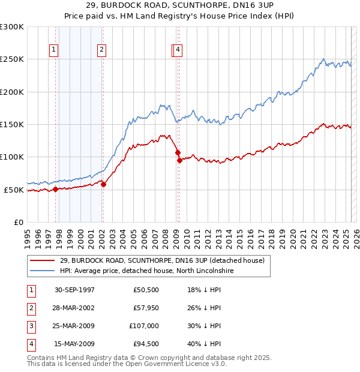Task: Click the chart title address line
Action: pyautogui.click(x=180, y=5)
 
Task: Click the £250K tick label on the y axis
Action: pyautogui.click(x=12, y=59)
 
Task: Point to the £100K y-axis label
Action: pyautogui.click(x=12, y=157)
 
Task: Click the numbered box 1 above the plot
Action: pyautogui.click(x=54, y=50)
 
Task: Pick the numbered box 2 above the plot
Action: pyautogui.click(x=102, y=50)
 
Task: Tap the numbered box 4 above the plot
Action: pyautogui.click(x=179, y=50)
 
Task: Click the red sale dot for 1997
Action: pyautogui.click(x=56, y=189)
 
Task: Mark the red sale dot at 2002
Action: pyautogui.click(x=103, y=184)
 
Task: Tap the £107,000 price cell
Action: pyautogui.click(x=144, y=326)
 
